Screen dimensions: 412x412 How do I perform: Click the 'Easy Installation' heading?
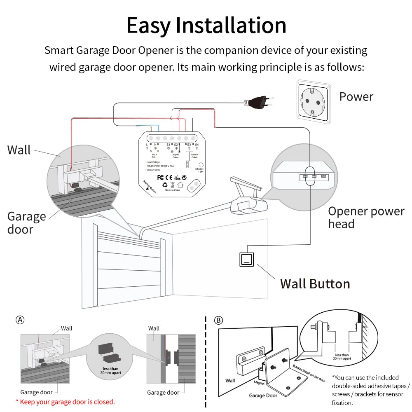pyautogui.click(x=206, y=26)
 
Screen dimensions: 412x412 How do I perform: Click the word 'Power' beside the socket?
pyautogui.click(x=356, y=97)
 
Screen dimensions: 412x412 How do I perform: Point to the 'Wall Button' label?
pyautogui.click(x=315, y=284)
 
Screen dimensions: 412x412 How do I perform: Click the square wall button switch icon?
pyautogui.click(x=247, y=259)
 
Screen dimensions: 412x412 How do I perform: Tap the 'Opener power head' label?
pyautogui.click(x=366, y=218)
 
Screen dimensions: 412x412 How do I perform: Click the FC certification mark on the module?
pyautogui.click(x=162, y=178)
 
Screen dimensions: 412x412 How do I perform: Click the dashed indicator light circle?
pyautogui.click(x=201, y=164)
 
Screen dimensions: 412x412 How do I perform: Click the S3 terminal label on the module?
pyautogui.click(x=189, y=145)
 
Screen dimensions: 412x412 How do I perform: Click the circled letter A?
pyautogui.click(x=20, y=320)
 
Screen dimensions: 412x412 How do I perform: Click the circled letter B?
pyautogui.click(x=218, y=320)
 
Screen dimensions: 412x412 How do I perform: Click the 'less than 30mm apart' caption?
pyautogui.click(x=342, y=357)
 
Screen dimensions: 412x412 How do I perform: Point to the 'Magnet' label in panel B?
pyautogui.click(x=260, y=383)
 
